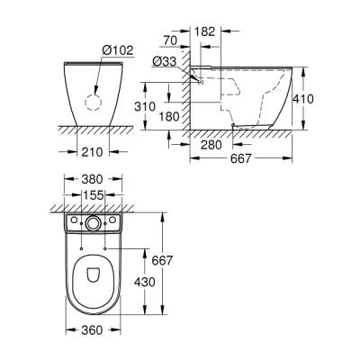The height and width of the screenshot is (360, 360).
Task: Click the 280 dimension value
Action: pyautogui.click(x=213, y=145)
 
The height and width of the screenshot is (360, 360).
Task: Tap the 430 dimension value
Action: pyautogui.click(x=143, y=281)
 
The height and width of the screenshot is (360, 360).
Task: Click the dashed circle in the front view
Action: pyautogui.click(x=90, y=101)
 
